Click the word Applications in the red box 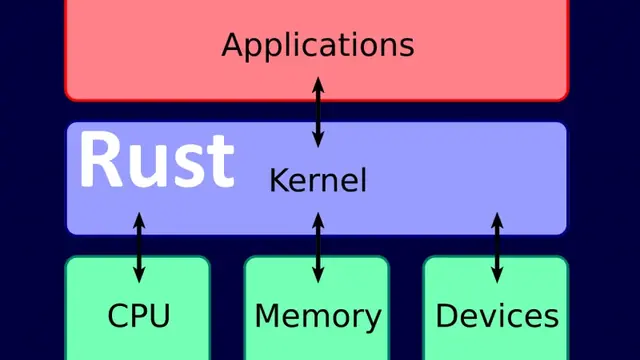(317, 45)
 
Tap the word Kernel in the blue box (318, 181)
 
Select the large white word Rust (156, 160)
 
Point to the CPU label (138, 316)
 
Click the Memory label (318, 316)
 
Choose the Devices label (497, 316)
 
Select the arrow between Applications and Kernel (318, 111)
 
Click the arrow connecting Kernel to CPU (139, 246)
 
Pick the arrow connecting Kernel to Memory (318, 246)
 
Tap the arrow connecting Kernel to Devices (497, 246)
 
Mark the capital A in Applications (233, 45)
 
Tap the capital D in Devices (447, 316)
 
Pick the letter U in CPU (158, 316)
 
